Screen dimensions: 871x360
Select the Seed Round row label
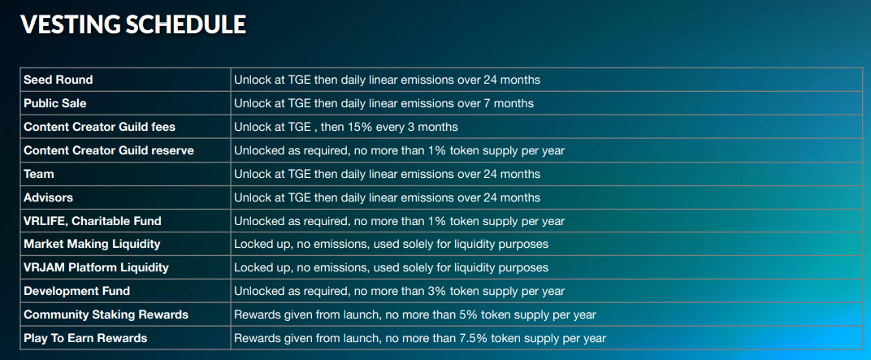[x=58, y=80]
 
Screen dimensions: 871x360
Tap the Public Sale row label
[x=55, y=103]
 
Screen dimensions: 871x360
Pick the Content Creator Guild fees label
[x=99, y=128]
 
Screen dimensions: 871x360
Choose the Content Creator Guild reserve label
[x=109, y=150]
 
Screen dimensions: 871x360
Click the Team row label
[x=39, y=174]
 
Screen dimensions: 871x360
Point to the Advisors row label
[x=48, y=197]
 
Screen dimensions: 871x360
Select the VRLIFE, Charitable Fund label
[x=93, y=221]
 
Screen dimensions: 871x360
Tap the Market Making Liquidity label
[x=92, y=245]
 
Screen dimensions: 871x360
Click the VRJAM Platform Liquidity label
[x=96, y=268]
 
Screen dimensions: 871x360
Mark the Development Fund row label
[x=76, y=291]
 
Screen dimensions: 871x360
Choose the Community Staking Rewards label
[x=106, y=315]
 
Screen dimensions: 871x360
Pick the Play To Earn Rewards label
[x=85, y=338]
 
